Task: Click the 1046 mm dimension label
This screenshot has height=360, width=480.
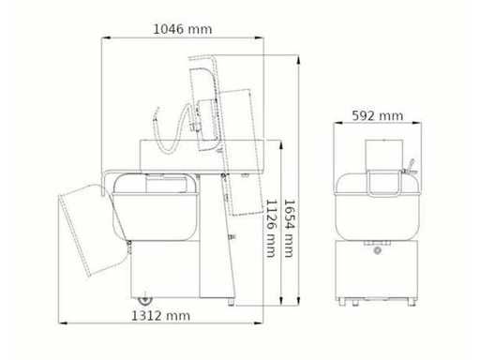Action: (x=183, y=29)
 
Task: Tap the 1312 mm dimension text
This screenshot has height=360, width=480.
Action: (x=160, y=316)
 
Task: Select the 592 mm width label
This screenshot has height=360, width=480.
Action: (x=378, y=115)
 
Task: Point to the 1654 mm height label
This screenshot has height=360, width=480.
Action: (x=290, y=229)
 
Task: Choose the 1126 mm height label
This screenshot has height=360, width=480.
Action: (x=272, y=229)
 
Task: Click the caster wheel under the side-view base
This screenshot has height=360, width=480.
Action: (x=145, y=299)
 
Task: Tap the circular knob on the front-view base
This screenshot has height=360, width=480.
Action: (x=378, y=250)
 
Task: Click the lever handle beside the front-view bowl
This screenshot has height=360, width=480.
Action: (x=410, y=167)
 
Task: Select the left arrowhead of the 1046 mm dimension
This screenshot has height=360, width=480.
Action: (x=106, y=37)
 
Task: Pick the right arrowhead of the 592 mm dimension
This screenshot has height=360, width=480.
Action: (x=417, y=123)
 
